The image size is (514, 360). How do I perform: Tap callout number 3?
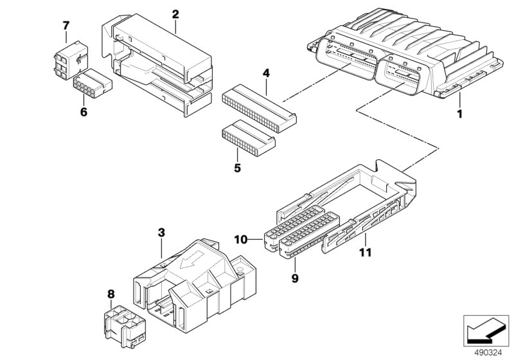pyautogui.click(x=161, y=231)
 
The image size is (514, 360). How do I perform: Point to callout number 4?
pyautogui.click(x=265, y=73)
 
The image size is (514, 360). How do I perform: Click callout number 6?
pyautogui.click(x=83, y=111)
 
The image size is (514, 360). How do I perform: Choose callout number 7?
pyautogui.click(x=65, y=26)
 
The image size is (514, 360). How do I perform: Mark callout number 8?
pyautogui.click(x=111, y=294)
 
